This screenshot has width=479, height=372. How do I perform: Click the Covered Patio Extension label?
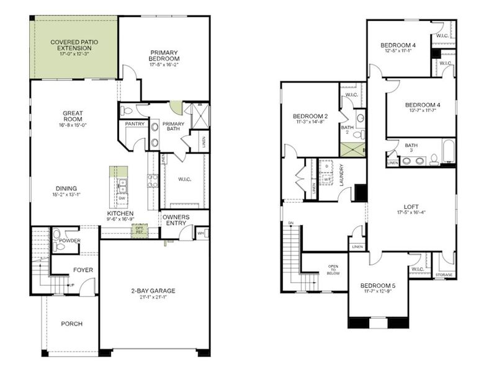click(74, 45)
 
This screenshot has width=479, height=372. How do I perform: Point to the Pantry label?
click(135, 124)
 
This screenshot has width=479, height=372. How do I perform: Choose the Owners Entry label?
click(176, 220)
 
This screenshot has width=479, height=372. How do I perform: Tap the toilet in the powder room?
click(58, 236)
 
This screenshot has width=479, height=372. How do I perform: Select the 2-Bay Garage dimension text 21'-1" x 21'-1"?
click(153, 298)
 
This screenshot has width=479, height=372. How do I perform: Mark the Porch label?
click(71, 324)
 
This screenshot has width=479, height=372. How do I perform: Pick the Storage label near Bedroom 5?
click(444, 274)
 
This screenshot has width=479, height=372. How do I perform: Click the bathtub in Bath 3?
click(447, 151)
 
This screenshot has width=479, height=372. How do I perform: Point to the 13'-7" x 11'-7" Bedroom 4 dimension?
click(422, 111)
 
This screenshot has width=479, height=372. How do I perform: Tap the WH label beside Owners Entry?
click(200, 234)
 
